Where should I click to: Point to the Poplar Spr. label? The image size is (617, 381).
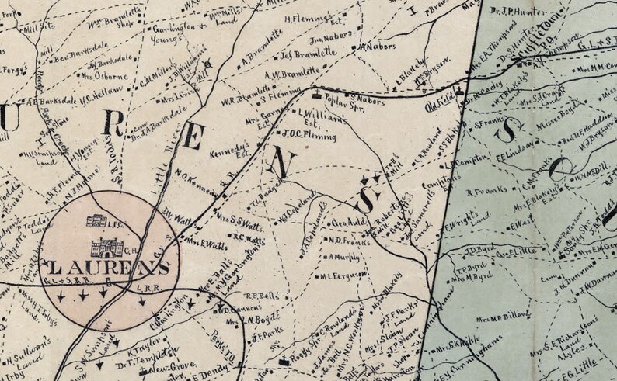(x=339, y=102)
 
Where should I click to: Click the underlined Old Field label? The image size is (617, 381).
(x=440, y=99)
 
